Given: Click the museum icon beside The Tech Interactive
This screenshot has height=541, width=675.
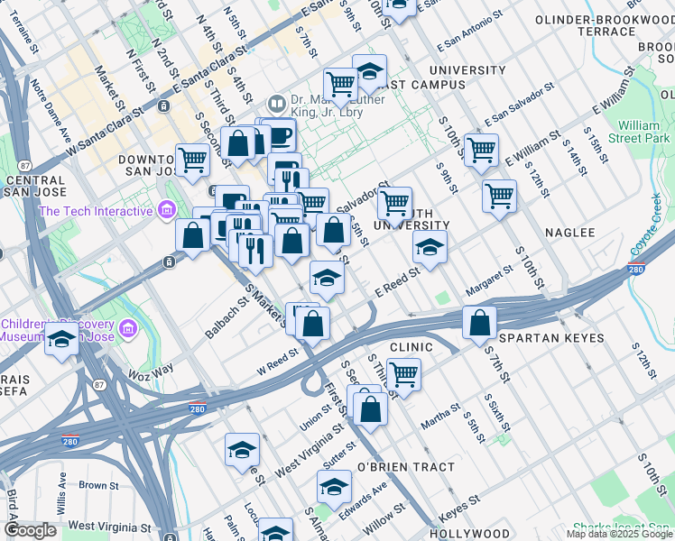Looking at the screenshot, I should click(166, 211).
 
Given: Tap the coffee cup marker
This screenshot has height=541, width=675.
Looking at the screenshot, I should click(279, 135).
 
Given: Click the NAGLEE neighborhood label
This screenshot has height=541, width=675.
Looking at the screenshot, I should click(569, 233).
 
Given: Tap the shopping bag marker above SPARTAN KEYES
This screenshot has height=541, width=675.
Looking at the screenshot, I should click(480, 322).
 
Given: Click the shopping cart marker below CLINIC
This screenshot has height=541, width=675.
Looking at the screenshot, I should click(403, 373).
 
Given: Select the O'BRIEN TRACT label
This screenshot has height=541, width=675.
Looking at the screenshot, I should click(397, 467).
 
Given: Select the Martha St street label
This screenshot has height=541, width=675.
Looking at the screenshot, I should click(440, 414).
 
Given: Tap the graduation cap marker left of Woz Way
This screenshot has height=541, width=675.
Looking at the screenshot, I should click(61, 340).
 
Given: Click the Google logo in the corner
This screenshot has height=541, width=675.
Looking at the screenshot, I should click(31, 530).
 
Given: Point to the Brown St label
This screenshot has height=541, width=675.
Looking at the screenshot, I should click(93, 485).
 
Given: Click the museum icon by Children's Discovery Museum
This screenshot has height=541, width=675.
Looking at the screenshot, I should click(127, 326).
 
